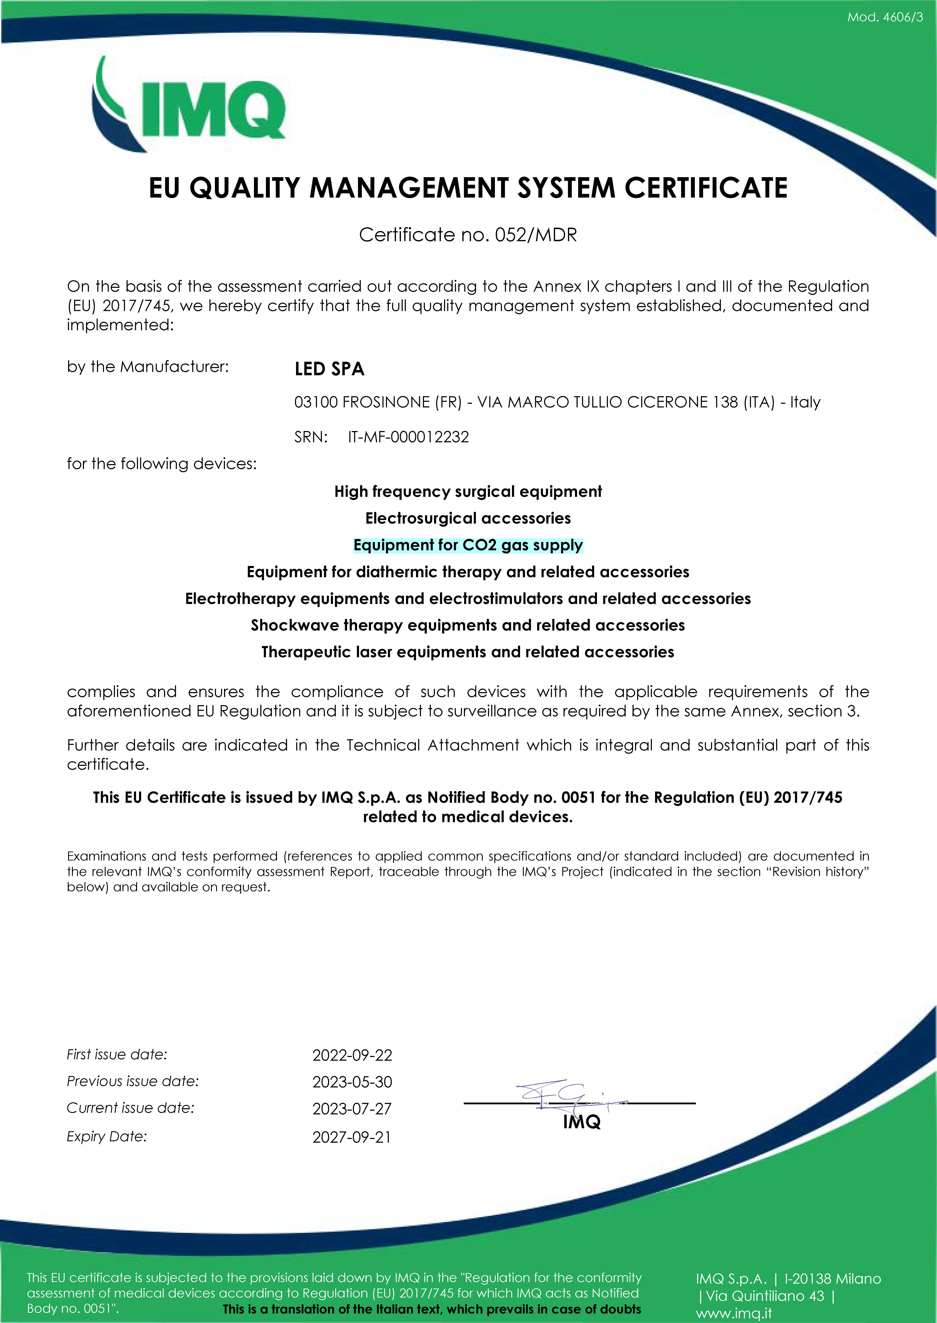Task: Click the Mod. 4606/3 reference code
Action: point(885,17)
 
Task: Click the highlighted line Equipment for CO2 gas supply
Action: point(468,545)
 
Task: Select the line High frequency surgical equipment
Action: point(468,491)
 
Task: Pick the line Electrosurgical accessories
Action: point(468,518)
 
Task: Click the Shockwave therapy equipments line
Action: point(468,625)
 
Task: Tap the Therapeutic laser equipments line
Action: point(468,652)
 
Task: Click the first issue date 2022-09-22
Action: point(352,1055)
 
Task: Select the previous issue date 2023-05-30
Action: point(352,1082)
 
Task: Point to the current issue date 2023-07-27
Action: point(352,1109)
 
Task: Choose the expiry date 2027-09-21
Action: point(352,1137)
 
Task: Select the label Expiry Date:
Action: point(107,1136)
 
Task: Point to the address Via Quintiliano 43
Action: point(765,1296)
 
